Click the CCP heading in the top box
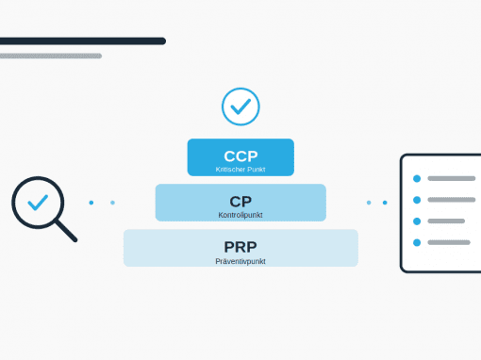[240, 156]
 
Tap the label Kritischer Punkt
[240, 170]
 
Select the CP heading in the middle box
[240, 202]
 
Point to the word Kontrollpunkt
[240, 215]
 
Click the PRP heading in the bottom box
[240, 247]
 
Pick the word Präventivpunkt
[240, 261]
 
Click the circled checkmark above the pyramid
[240, 106]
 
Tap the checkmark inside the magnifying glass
[38, 203]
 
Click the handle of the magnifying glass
[66, 231]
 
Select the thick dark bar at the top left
[83, 41]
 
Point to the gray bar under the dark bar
[51, 56]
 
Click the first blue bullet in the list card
[417, 178]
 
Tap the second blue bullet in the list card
[417, 200]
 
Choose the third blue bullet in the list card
[417, 221]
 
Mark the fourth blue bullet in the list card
[417, 242]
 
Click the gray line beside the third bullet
[446, 221]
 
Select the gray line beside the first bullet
[452, 178]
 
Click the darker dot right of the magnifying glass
[91, 203]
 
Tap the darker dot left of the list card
[385, 203]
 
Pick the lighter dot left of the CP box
[112, 203]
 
